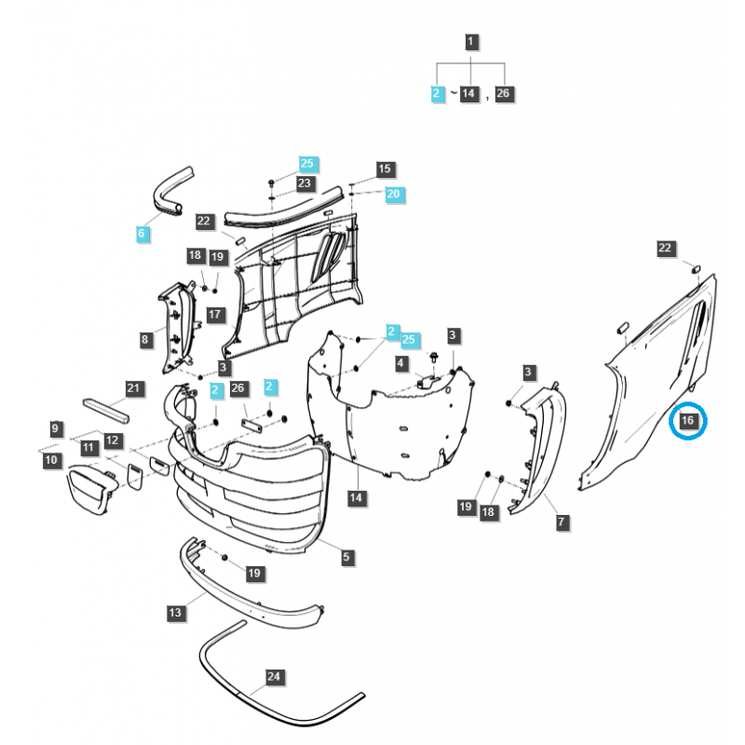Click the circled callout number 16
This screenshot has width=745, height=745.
[x=688, y=422]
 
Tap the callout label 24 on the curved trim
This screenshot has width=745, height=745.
[x=273, y=677]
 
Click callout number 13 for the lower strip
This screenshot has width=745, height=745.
[x=175, y=613]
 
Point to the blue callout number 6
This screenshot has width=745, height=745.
[x=142, y=234]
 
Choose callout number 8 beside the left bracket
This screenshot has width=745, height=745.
[x=145, y=340]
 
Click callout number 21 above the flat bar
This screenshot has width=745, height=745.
[x=132, y=387]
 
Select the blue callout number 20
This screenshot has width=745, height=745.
[x=393, y=194]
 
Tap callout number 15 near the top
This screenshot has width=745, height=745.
[x=385, y=169]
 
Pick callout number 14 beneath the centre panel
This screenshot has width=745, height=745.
[x=355, y=498]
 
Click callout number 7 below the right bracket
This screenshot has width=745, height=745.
[x=562, y=522]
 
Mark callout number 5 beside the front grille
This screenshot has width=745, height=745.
[x=346, y=558]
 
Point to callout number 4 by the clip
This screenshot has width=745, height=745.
[x=401, y=362]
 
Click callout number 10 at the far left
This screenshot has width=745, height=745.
[x=51, y=460]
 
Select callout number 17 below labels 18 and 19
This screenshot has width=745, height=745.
[x=214, y=314]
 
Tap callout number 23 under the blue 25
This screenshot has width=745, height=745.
[x=305, y=183]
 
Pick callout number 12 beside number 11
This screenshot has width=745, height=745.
[x=113, y=440]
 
